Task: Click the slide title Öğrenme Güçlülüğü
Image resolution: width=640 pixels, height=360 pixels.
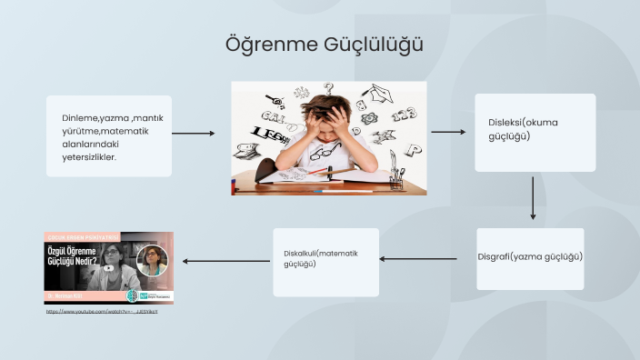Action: coord(325,45)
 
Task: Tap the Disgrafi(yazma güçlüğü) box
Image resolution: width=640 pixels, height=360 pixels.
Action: coord(530,258)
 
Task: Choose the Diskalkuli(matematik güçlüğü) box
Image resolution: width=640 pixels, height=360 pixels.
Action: coord(325,262)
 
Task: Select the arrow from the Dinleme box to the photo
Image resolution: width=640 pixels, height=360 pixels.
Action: coord(193,134)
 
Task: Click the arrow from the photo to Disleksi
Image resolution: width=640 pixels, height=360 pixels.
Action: coord(447,133)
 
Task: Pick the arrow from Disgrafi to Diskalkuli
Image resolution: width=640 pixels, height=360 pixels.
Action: coord(418,259)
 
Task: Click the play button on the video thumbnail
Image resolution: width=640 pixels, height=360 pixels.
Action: coord(109,268)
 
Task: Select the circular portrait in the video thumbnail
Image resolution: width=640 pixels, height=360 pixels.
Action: coord(152,261)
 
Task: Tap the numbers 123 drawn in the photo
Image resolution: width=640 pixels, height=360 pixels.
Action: coord(404,115)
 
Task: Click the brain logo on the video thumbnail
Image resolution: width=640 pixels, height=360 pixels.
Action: coord(131,295)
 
